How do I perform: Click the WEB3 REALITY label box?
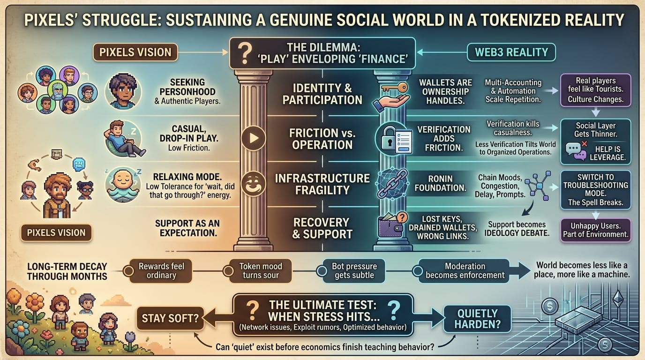point(511,52)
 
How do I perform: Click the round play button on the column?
point(254,138)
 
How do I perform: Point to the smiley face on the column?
point(254,183)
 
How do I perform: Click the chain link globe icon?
point(393,184)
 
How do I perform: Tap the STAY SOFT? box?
point(170,318)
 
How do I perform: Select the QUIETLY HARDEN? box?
point(477,319)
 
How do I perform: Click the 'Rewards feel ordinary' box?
point(161,271)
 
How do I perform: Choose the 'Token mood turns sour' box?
point(261,271)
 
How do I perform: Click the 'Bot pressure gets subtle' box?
point(354,271)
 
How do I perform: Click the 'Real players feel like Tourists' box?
point(595,90)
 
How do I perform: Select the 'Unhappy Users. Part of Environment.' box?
point(595,230)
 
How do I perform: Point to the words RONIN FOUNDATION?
point(440,183)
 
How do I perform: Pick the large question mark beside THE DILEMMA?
point(245,53)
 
